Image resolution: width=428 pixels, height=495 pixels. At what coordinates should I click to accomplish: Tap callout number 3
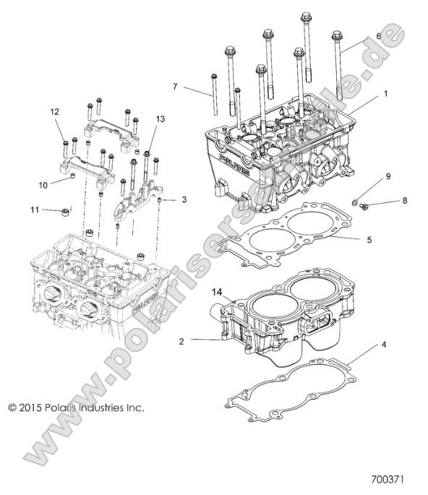[184, 199]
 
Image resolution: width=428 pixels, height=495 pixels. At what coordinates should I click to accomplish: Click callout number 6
[377, 36]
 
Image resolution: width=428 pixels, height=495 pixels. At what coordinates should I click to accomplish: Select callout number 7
[174, 87]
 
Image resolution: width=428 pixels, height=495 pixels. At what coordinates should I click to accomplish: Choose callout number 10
[43, 185]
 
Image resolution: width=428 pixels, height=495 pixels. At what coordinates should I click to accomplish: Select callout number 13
[160, 119]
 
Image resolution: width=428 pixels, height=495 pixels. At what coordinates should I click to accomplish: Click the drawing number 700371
[394, 478]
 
